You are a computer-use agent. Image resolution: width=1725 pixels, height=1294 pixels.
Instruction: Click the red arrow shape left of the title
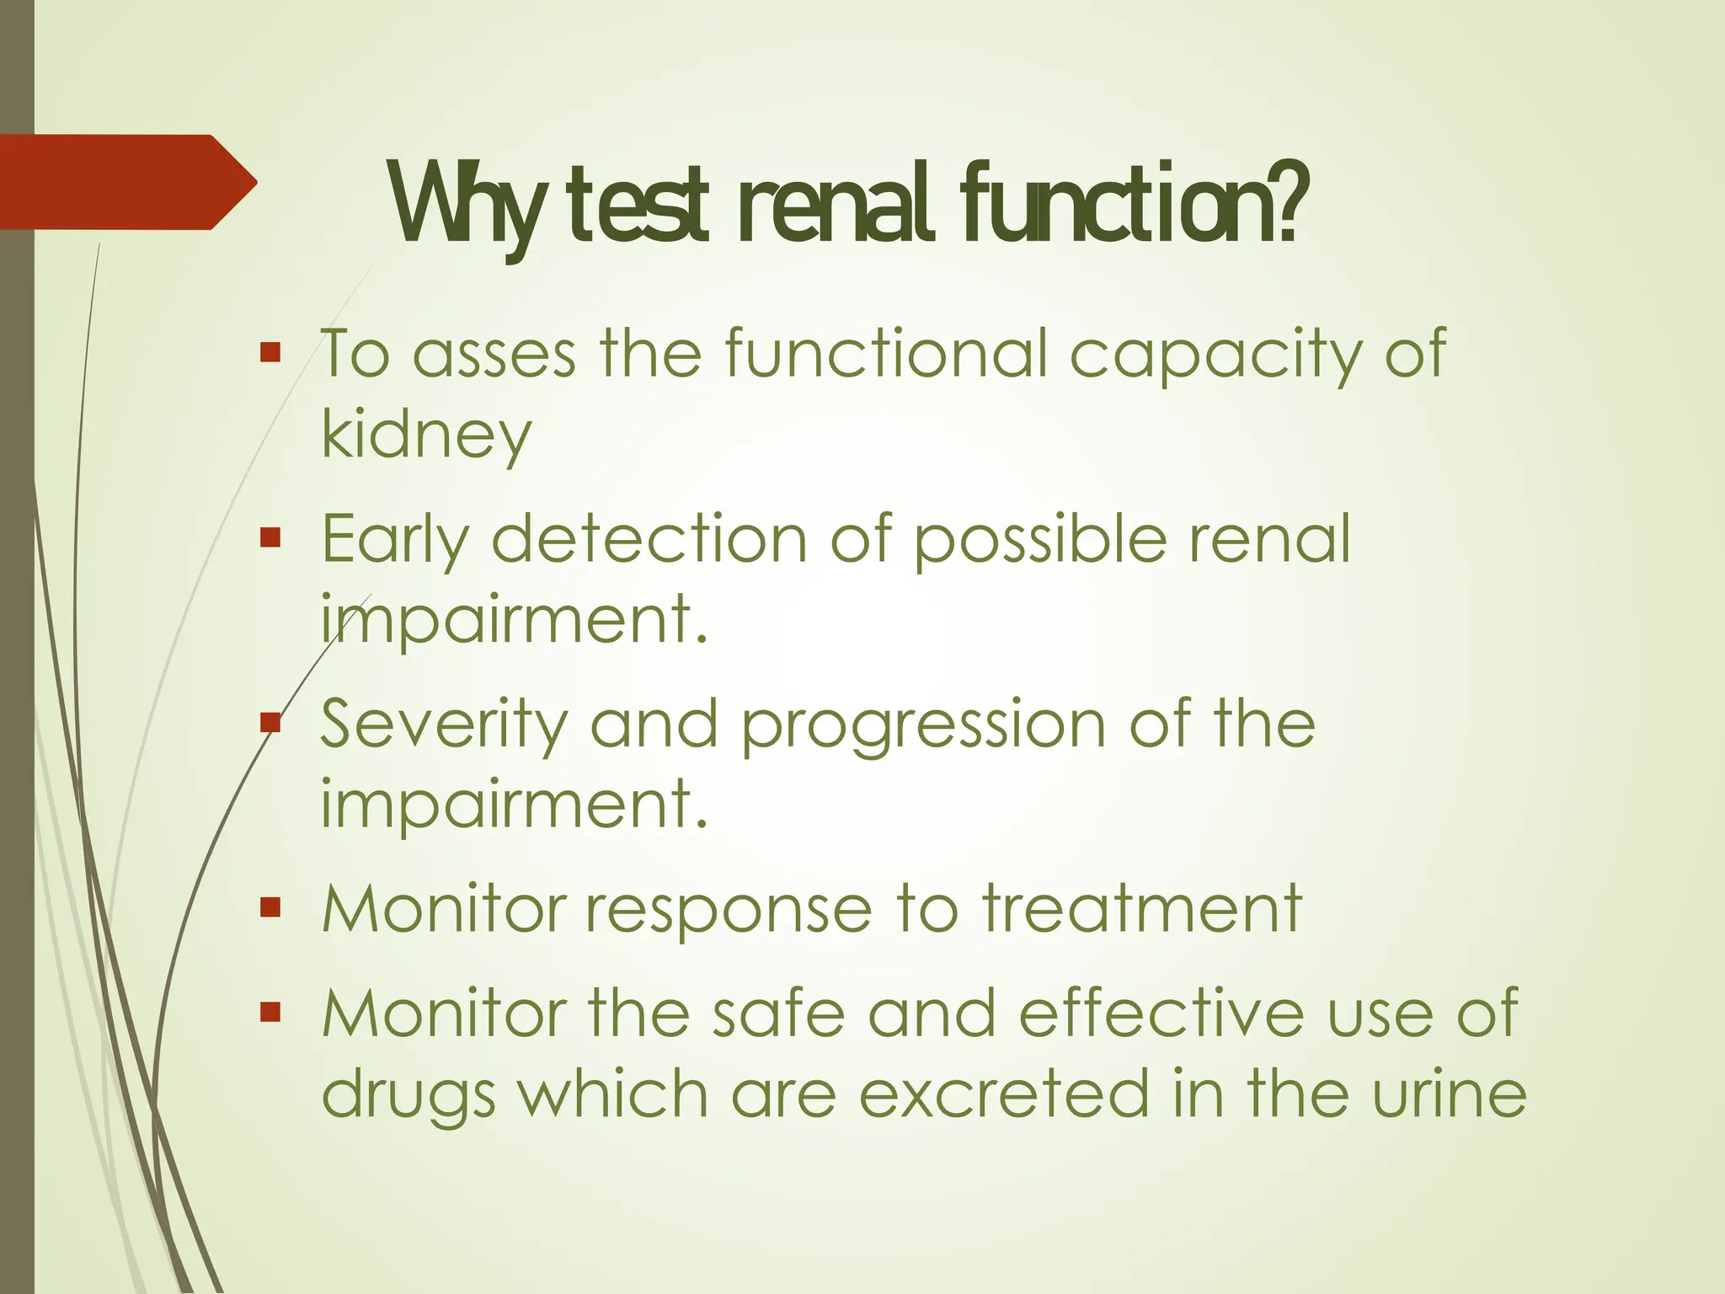pyautogui.click(x=126, y=182)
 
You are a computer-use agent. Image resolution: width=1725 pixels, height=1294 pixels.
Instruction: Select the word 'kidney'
pyautogui.click(x=426, y=436)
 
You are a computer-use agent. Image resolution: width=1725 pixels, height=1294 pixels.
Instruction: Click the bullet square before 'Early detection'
pyautogui.click(x=270, y=537)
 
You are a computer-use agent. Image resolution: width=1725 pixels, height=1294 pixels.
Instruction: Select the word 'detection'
pyautogui.click(x=649, y=539)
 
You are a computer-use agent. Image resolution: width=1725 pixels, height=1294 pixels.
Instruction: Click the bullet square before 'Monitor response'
pyautogui.click(x=270, y=907)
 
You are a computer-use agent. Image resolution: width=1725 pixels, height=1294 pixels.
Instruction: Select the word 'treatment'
pyautogui.click(x=1142, y=910)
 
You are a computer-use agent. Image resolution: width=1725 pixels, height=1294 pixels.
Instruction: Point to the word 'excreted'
pyautogui.click(x=1005, y=1094)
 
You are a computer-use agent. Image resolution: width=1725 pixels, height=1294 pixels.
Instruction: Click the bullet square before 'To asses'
pyautogui.click(x=270, y=352)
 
